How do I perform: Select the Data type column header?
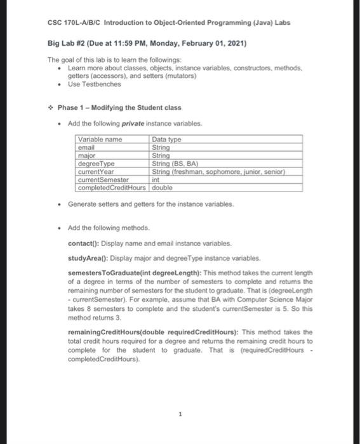[x=166, y=139]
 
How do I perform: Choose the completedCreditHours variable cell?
[x=112, y=188]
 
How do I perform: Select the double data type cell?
[x=163, y=188]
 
